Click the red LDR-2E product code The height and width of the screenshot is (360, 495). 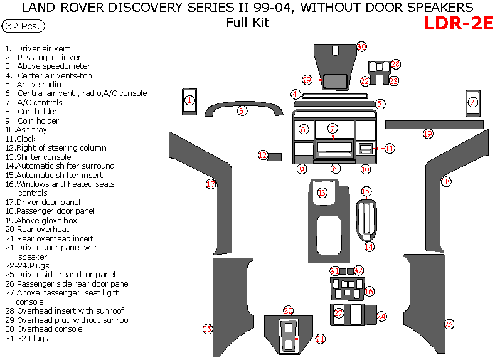click(458, 23)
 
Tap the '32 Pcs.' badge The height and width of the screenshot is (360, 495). click(23, 26)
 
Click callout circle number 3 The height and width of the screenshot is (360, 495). click(242, 111)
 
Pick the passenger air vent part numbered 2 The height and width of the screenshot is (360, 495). click(473, 103)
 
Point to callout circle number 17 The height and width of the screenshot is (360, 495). click(211, 184)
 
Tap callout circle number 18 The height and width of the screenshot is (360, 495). click(445, 181)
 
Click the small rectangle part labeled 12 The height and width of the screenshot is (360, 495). click(274, 156)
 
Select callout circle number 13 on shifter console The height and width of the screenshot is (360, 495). click(322, 193)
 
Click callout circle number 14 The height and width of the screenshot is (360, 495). click(369, 247)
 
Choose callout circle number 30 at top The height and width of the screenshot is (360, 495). click(361, 46)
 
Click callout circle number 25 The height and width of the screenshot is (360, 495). click(208, 329)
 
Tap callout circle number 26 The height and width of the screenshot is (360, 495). click(449, 324)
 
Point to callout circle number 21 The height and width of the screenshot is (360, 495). click(321, 339)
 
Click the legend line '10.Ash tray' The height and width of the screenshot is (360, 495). click(20, 130)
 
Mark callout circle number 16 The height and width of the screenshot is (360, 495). click(369, 292)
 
